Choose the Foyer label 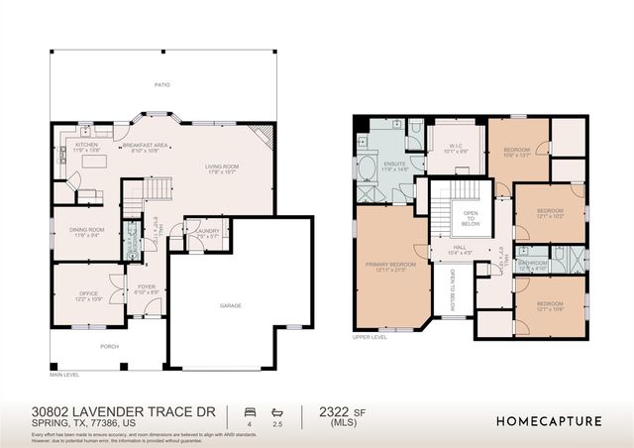(147, 289)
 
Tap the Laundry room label (207, 234)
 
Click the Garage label (230, 305)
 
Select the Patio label (161, 86)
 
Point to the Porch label (108, 347)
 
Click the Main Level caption (65, 374)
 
